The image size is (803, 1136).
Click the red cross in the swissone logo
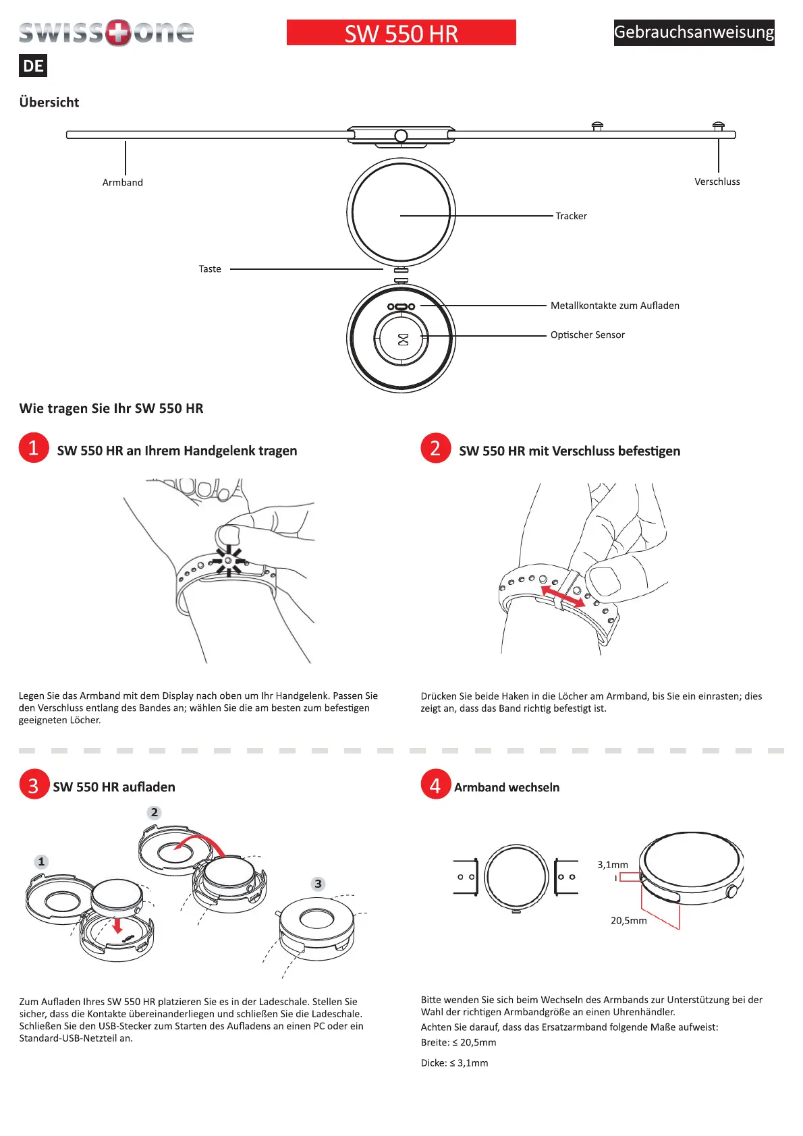pyautogui.click(x=119, y=32)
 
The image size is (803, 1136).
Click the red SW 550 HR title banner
pyautogui.click(x=401, y=32)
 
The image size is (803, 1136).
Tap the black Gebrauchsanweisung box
pyautogui.click(x=694, y=32)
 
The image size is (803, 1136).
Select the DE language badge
pyautogui.click(x=33, y=66)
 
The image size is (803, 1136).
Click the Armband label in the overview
pyautogui.click(x=123, y=182)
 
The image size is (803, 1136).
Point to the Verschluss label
pyautogui.click(x=717, y=181)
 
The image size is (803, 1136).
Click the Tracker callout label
pyautogui.click(x=571, y=216)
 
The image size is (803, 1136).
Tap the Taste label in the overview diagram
pyautogui.click(x=210, y=269)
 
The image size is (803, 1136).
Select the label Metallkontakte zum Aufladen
pyautogui.click(x=615, y=306)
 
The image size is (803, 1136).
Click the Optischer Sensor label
pyautogui.click(x=587, y=335)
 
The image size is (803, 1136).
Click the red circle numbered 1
pyautogui.click(x=34, y=448)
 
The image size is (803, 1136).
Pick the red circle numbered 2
pyautogui.click(x=436, y=448)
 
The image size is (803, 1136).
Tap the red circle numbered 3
pyautogui.click(x=34, y=785)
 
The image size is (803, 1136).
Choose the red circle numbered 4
pyautogui.click(x=436, y=785)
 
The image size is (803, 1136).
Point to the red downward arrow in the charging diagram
pyautogui.click(x=117, y=924)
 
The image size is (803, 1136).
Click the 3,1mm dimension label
pyautogui.click(x=612, y=865)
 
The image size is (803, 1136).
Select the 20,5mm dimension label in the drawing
pyautogui.click(x=628, y=920)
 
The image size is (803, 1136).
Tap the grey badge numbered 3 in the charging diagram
pyautogui.click(x=318, y=884)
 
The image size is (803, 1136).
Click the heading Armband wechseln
pyautogui.click(x=507, y=787)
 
